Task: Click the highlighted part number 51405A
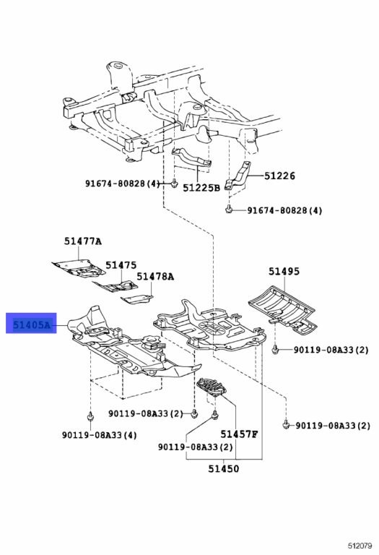tap(32, 324)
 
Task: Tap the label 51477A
tap(82, 241)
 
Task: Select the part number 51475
tap(121, 265)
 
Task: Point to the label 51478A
tap(155, 277)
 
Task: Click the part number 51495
tap(284, 271)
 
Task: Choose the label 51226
tap(279, 176)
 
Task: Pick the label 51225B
tap(201, 188)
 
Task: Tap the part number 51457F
tap(240, 434)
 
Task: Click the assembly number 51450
tap(224, 468)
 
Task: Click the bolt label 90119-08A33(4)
tap(100, 435)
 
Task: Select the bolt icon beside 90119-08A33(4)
tap(90, 416)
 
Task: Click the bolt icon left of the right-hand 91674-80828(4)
tap(229, 209)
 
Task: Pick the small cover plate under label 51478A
tap(136, 299)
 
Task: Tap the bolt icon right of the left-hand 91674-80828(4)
tap(174, 184)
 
